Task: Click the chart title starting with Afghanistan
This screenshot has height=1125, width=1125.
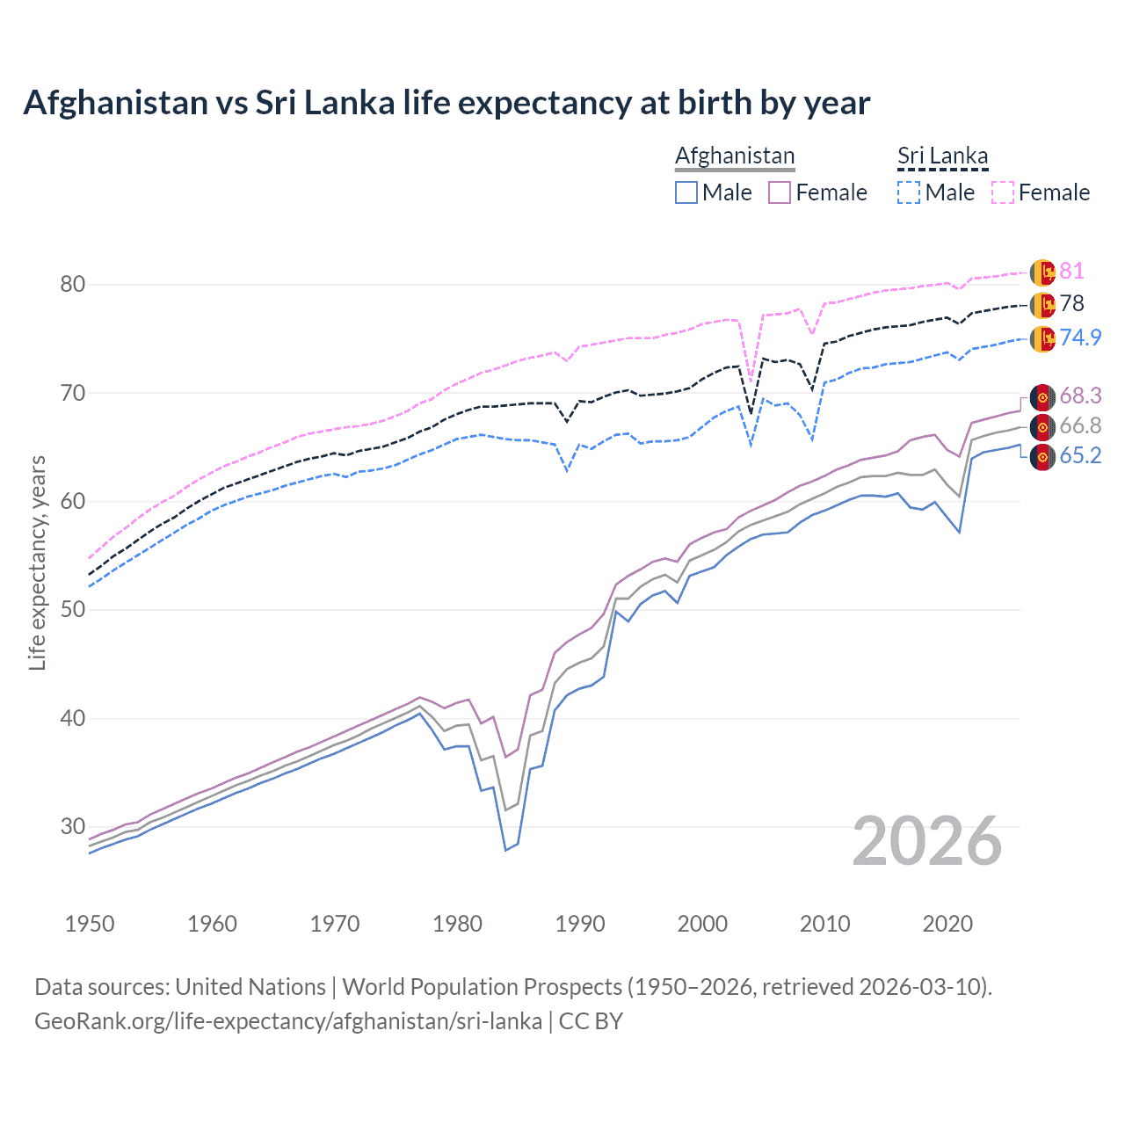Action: click(x=446, y=103)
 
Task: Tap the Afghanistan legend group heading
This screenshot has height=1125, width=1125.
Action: click(x=735, y=156)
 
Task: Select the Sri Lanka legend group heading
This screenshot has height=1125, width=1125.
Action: click(x=942, y=156)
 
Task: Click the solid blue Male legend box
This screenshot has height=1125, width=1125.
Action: click(x=686, y=192)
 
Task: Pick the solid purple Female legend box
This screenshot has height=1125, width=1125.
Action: click(x=780, y=192)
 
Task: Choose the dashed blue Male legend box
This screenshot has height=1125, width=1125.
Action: click(x=909, y=192)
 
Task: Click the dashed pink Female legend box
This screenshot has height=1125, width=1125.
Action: click(x=1003, y=192)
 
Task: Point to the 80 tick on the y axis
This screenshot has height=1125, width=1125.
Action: click(x=73, y=284)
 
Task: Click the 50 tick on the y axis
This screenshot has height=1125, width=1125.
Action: click(x=73, y=610)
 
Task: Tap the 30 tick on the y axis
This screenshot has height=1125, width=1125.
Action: click(x=73, y=826)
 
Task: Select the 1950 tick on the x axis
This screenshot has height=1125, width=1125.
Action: click(x=90, y=924)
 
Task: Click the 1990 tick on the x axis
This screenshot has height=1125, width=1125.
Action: click(x=580, y=924)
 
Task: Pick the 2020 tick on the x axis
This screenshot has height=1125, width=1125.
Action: click(x=947, y=924)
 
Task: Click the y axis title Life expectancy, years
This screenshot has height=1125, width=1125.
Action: click(x=37, y=562)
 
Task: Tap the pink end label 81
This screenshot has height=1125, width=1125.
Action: click(x=1071, y=272)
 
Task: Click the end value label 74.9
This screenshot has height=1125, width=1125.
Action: click(x=1080, y=337)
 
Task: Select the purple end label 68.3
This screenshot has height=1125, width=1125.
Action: click(x=1080, y=396)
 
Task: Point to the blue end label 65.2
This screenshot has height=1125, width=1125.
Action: click(x=1080, y=455)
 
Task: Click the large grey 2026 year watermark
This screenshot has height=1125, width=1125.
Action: click(x=927, y=841)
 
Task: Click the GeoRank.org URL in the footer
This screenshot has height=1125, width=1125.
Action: click(x=288, y=1021)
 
